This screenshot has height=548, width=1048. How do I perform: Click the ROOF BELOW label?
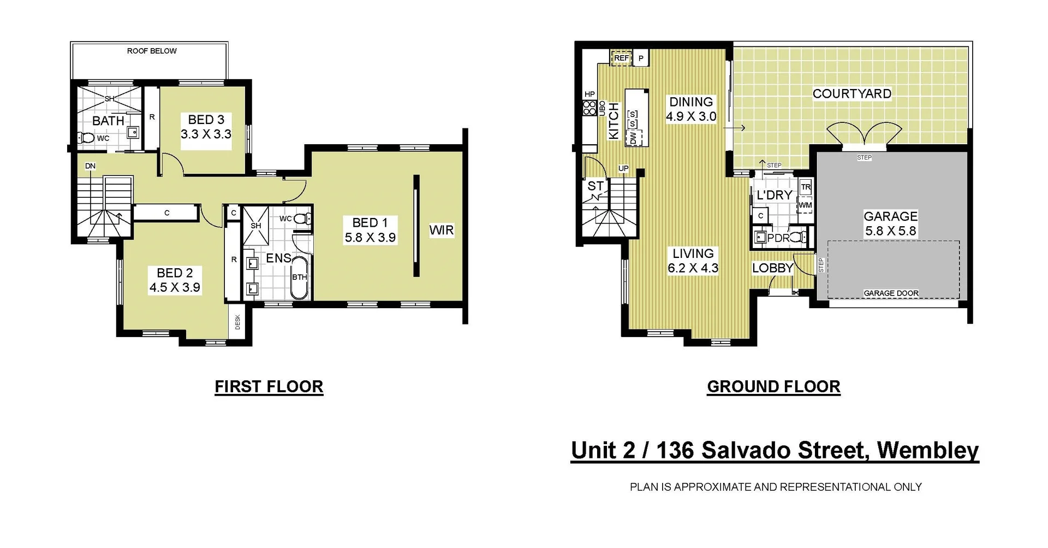tap(152, 51)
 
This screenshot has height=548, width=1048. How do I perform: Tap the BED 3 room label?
tap(206, 120)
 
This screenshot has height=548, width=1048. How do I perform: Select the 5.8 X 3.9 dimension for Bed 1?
tap(370, 238)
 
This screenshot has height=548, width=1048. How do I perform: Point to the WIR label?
tap(441, 230)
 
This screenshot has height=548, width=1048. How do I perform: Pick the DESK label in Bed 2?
tap(238, 322)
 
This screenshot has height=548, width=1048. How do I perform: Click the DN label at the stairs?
tap(90, 166)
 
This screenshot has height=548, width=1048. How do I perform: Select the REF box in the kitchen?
tap(621, 58)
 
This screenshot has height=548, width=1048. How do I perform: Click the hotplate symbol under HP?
tap(589, 108)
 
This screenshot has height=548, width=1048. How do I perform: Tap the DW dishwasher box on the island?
tap(633, 138)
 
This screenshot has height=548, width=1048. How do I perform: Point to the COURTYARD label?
tap(851, 94)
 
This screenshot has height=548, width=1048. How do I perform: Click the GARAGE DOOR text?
tap(891, 293)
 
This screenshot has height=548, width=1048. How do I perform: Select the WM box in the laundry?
tap(805, 205)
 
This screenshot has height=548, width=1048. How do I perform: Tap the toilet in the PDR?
tap(797, 238)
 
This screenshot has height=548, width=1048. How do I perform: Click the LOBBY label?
tap(772, 268)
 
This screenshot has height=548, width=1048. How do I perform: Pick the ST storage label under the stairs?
tap(595, 186)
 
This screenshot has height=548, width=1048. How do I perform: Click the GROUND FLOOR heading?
tap(773, 387)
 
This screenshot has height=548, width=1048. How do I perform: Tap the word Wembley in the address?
tap(927, 451)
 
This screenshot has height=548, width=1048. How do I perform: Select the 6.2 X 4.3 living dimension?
tap(693, 268)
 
